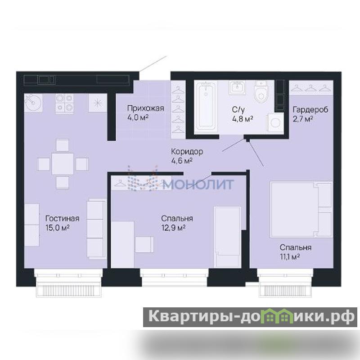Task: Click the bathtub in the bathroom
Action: click(206, 107)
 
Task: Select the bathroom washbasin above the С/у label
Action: click(237, 87)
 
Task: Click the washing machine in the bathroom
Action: click(275, 123)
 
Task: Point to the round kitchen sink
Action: click(33, 103)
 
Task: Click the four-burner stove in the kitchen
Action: click(64, 103)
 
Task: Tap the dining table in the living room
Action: click(63, 164)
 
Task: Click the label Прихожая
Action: click(145, 108)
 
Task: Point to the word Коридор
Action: click(187, 152)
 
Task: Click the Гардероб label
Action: click(310, 109)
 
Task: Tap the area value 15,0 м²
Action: click(58, 228)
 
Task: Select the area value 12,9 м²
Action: click(173, 228)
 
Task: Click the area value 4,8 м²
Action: click(243, 119)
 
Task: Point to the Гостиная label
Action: click(62, 218)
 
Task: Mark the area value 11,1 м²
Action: click(290, 256)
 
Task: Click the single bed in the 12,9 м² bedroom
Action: click(228, 237)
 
